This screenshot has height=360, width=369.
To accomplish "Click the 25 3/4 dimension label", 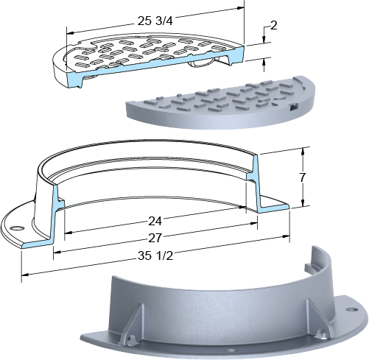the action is click(155, 21).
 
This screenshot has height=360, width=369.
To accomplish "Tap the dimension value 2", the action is click(274, 25).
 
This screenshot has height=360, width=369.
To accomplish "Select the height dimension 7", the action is click(303, 177).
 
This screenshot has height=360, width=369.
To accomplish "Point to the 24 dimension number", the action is click(155, 222).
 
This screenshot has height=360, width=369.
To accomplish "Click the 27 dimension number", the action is click(155, 238).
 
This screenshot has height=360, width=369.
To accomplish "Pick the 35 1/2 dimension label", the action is click(155, 255).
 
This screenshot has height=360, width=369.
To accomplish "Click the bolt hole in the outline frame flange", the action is click(18, 228).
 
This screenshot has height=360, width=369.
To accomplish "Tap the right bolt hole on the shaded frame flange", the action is click(351, 309).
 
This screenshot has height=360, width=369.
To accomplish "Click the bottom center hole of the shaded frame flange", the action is click(231, 350).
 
